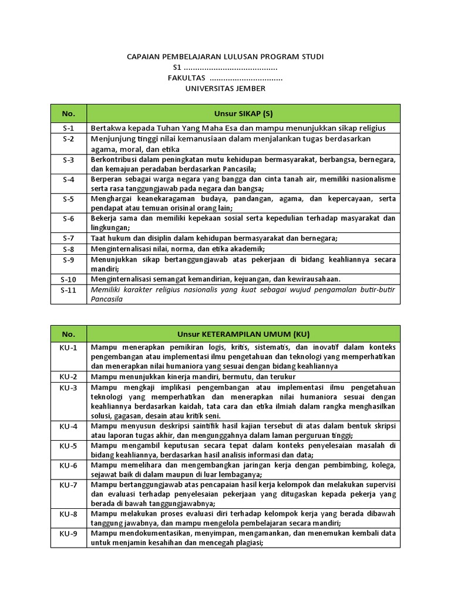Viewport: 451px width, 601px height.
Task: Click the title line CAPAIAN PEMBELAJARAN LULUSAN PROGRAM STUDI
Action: [225, 56]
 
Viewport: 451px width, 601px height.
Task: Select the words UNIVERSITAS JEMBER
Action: [225, 89]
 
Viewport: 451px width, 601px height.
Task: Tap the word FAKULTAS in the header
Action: [186, 78]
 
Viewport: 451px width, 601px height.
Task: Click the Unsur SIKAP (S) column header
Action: [243, 113]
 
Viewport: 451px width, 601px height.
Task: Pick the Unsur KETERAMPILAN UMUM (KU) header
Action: [243, 334]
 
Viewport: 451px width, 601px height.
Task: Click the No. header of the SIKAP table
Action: [69, 113]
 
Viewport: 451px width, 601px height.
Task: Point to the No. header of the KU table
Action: [69, 334]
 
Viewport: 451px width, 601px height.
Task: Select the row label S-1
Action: [69, 128]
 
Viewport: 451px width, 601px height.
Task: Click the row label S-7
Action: [69, 238]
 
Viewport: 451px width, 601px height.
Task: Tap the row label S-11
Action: [69, 290]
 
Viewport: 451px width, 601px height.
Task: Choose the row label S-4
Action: [69, 179]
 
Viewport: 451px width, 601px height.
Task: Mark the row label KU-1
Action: [69, 347]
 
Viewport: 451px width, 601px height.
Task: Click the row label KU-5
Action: [69, 445]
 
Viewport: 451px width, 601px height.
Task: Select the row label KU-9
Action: [69, 534]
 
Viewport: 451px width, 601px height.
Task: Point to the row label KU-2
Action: [69, 376]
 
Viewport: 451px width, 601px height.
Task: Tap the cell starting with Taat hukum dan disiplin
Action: [214, 238]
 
